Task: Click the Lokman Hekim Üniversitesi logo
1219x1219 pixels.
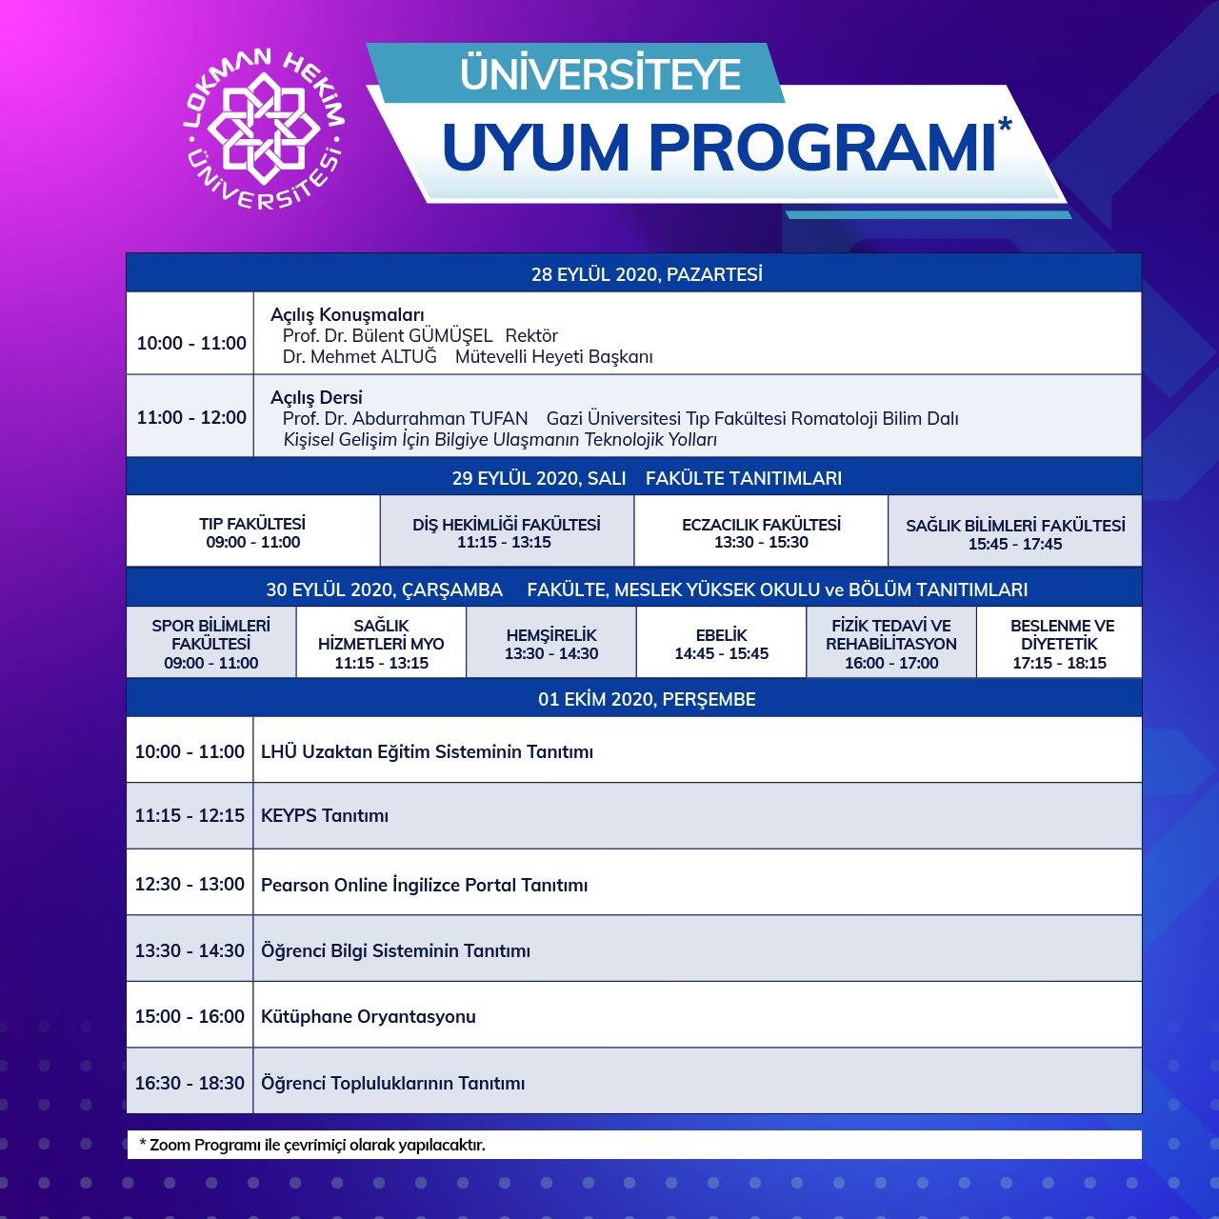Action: tap(265, 130)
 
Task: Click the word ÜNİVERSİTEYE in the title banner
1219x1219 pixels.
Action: tap(600, 73)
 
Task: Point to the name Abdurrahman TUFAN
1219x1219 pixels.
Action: tap(440, 418)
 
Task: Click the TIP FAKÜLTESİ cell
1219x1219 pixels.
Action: tap(253, 530)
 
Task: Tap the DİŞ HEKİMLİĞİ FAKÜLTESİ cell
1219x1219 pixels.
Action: tap(507, 530)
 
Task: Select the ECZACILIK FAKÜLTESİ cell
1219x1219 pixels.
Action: tap(761, 530)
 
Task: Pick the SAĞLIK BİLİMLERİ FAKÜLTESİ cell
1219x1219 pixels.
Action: tap(1014, 530)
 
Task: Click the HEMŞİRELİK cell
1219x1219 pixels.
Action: tap(551, 642)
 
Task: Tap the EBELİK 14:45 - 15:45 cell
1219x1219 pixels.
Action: tap(721, 642)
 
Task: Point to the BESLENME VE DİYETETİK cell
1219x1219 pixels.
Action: tap(1059, 642)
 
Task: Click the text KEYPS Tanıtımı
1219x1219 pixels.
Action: tap(325, 815)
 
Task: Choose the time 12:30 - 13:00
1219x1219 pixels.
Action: tap(190, 884)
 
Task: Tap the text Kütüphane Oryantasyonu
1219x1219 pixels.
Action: tap(369, 1016)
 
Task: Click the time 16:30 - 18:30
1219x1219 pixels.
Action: tap(190, 1083)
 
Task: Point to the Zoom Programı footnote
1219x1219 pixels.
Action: tap(312, 1145)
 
